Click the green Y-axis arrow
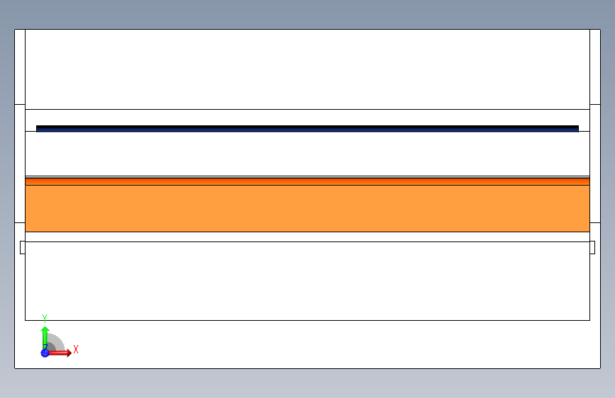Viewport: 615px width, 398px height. [x=45, y=334]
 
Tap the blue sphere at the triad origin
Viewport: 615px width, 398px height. [x=45, y=353]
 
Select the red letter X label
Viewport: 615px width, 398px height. [x=76, y=349]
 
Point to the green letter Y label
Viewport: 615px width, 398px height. [x=45, y=318]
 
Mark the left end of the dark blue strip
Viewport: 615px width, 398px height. [x=38, y=129]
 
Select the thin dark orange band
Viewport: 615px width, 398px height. [x=307, y=181]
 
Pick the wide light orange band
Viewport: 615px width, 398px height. [x=307, y=208]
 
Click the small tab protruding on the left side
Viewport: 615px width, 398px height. [x=22, y=247]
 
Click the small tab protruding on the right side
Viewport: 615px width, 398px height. [x=592, y=247]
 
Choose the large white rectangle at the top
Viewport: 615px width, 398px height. [x=307, y=69]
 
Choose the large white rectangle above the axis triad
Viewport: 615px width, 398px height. [x=307, y=281]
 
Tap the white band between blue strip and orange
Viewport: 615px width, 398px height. [x=307, y=154]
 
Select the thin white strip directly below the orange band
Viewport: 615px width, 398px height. [x=307, y=237]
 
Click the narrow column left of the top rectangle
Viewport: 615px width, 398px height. [x=20, y=67]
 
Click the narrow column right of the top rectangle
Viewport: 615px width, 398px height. [x=594, y=67]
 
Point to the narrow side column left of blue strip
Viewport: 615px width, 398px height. [x=20, y=163]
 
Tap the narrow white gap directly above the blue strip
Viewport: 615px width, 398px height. [x=307, y=118]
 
